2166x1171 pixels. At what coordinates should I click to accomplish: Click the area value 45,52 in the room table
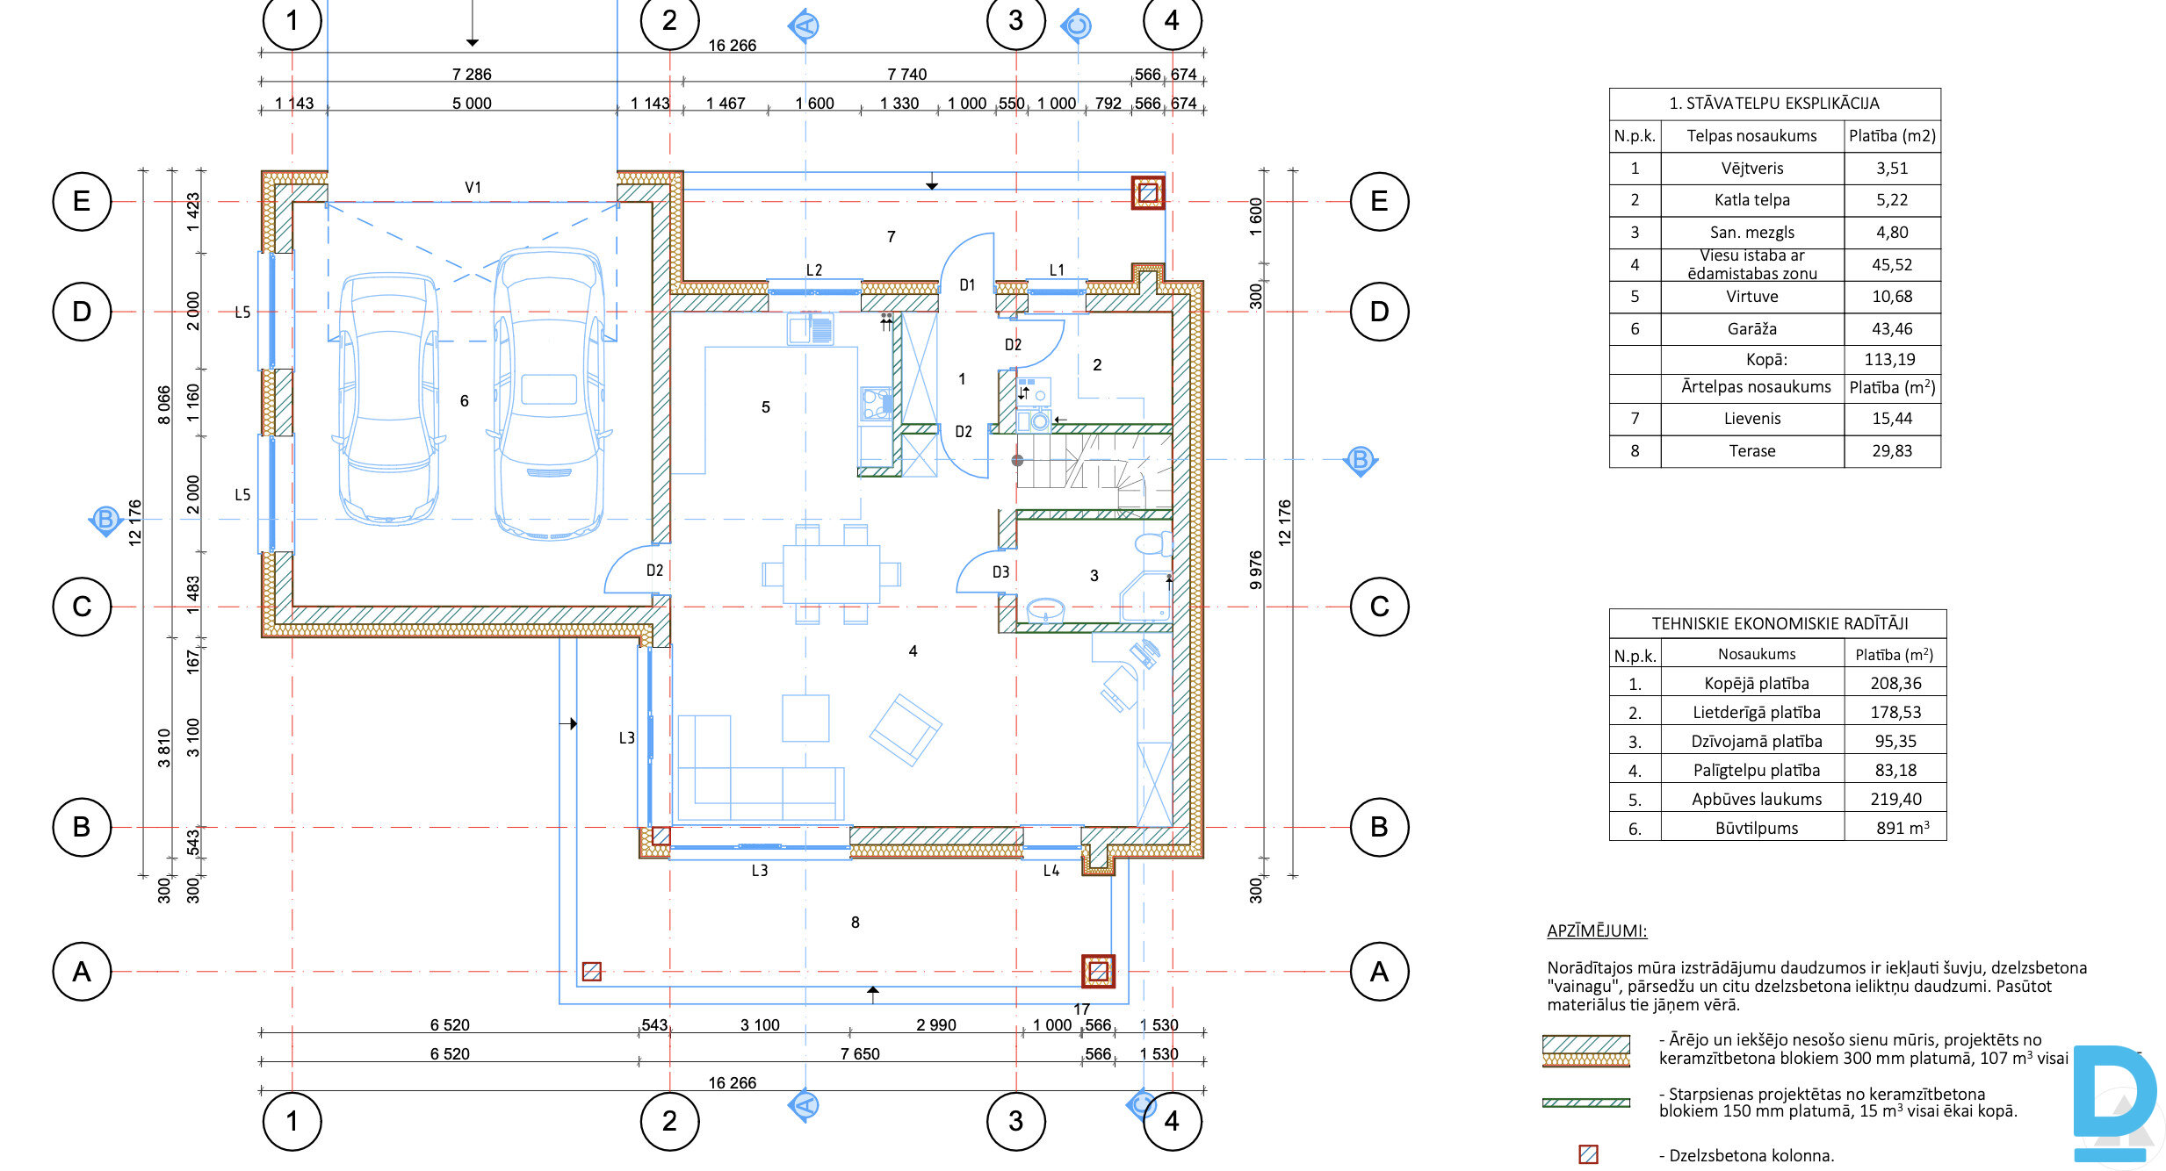coord(1892,264)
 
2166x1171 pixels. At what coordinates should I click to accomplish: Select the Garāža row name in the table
coord(1751,328)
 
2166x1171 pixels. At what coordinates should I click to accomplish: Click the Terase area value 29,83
coord(1892,450)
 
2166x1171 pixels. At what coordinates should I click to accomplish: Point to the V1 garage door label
coord(473,187)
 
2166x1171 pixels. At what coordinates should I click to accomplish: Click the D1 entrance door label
coord(967,284)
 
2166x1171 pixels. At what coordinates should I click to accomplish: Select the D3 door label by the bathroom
coord(1000,571)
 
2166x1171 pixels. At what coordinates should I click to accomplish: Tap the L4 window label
coord(1051,870)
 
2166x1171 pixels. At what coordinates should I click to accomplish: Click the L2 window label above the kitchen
coord(814,269)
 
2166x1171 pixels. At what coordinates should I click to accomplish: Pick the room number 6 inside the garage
coord(464,400)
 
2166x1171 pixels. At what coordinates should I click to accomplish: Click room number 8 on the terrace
coord(855,922)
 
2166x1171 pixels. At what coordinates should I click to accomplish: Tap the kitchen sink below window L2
coord(810,329)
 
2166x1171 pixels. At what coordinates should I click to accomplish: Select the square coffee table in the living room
coord(805,718)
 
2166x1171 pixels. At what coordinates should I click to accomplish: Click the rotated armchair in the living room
coord(906,730)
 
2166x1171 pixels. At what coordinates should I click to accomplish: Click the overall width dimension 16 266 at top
coord(732,45)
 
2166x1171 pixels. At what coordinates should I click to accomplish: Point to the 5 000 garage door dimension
coord(472,103)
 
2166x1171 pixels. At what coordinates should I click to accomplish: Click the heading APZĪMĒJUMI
coord(1597,930)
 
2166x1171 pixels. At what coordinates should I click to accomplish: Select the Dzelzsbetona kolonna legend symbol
coord(1588,1154)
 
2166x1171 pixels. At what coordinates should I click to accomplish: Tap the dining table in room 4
coord(831,574)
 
